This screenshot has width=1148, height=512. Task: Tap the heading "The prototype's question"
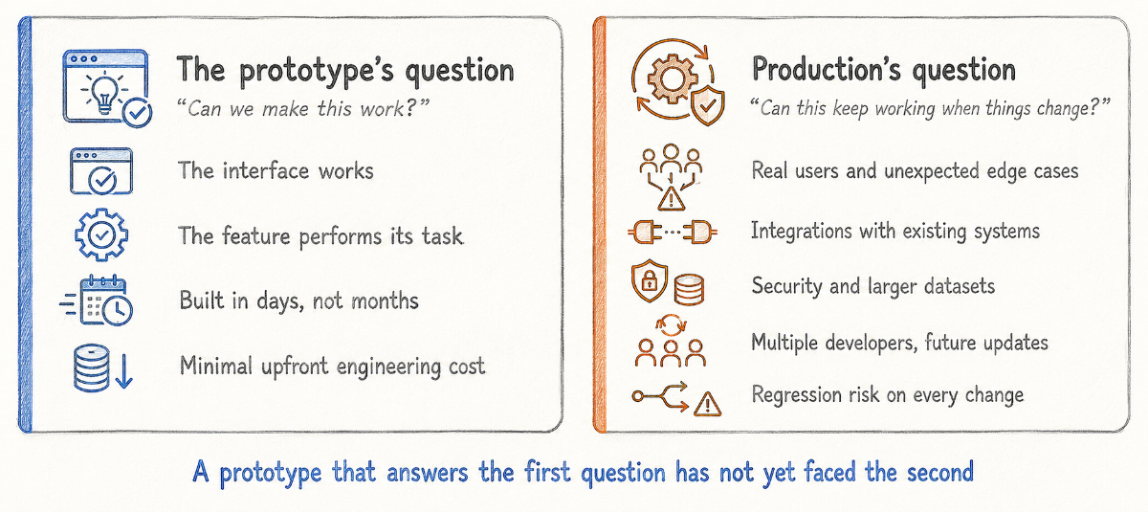[345, 70]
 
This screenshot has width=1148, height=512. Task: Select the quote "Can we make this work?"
[303, 109]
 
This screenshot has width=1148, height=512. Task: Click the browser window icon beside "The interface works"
[101, 171]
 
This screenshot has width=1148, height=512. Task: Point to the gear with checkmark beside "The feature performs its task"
[101, 235]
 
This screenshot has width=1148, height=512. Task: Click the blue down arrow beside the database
[123, 370]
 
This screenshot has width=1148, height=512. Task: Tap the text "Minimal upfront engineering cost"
[332, 367]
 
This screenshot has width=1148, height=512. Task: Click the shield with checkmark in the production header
[708, 106]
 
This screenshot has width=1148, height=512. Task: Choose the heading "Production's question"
[884, 70]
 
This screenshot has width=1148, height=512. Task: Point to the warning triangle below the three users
[671, 199]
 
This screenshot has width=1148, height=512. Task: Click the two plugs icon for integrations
[673, 233]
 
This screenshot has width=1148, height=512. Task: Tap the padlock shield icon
[650, 280]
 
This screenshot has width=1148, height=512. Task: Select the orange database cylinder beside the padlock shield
[689, 290]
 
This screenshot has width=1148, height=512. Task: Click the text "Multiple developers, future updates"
[899, 343]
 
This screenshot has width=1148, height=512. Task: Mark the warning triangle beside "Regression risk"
[707, 404]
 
